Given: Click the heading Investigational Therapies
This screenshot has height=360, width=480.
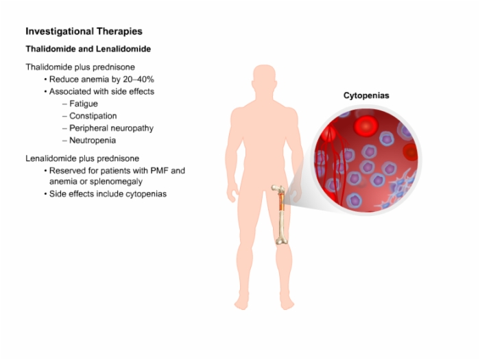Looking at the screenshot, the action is pos(84,32).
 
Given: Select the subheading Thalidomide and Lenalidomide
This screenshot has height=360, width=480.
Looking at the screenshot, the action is pos(88,49).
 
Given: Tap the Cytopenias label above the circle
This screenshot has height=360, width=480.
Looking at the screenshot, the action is pos(366,95).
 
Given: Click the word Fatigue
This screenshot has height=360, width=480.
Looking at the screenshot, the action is pos(84,104).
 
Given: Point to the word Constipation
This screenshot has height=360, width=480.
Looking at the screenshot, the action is pos(93,116).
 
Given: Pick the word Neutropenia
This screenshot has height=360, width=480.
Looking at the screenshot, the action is pos(93,141).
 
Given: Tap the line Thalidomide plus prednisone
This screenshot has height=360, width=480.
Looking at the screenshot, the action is pos(80,67).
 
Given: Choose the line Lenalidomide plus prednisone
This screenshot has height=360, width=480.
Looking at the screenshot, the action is pos(82,158).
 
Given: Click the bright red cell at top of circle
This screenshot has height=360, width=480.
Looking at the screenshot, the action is pos(366,125).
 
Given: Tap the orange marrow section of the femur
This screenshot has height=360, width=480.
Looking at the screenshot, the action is pos(281,203).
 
